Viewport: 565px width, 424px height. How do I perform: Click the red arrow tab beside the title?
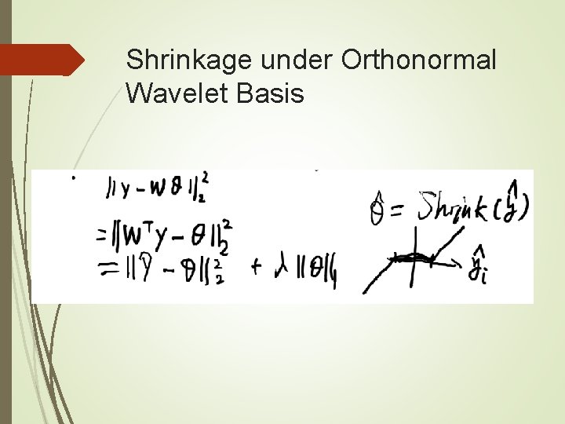pos(42,60)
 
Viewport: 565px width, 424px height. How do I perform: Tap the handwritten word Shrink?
pos(443,206)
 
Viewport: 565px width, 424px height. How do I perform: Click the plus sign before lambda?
pos(256,267)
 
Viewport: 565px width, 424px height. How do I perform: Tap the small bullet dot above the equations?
pos(74,179)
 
